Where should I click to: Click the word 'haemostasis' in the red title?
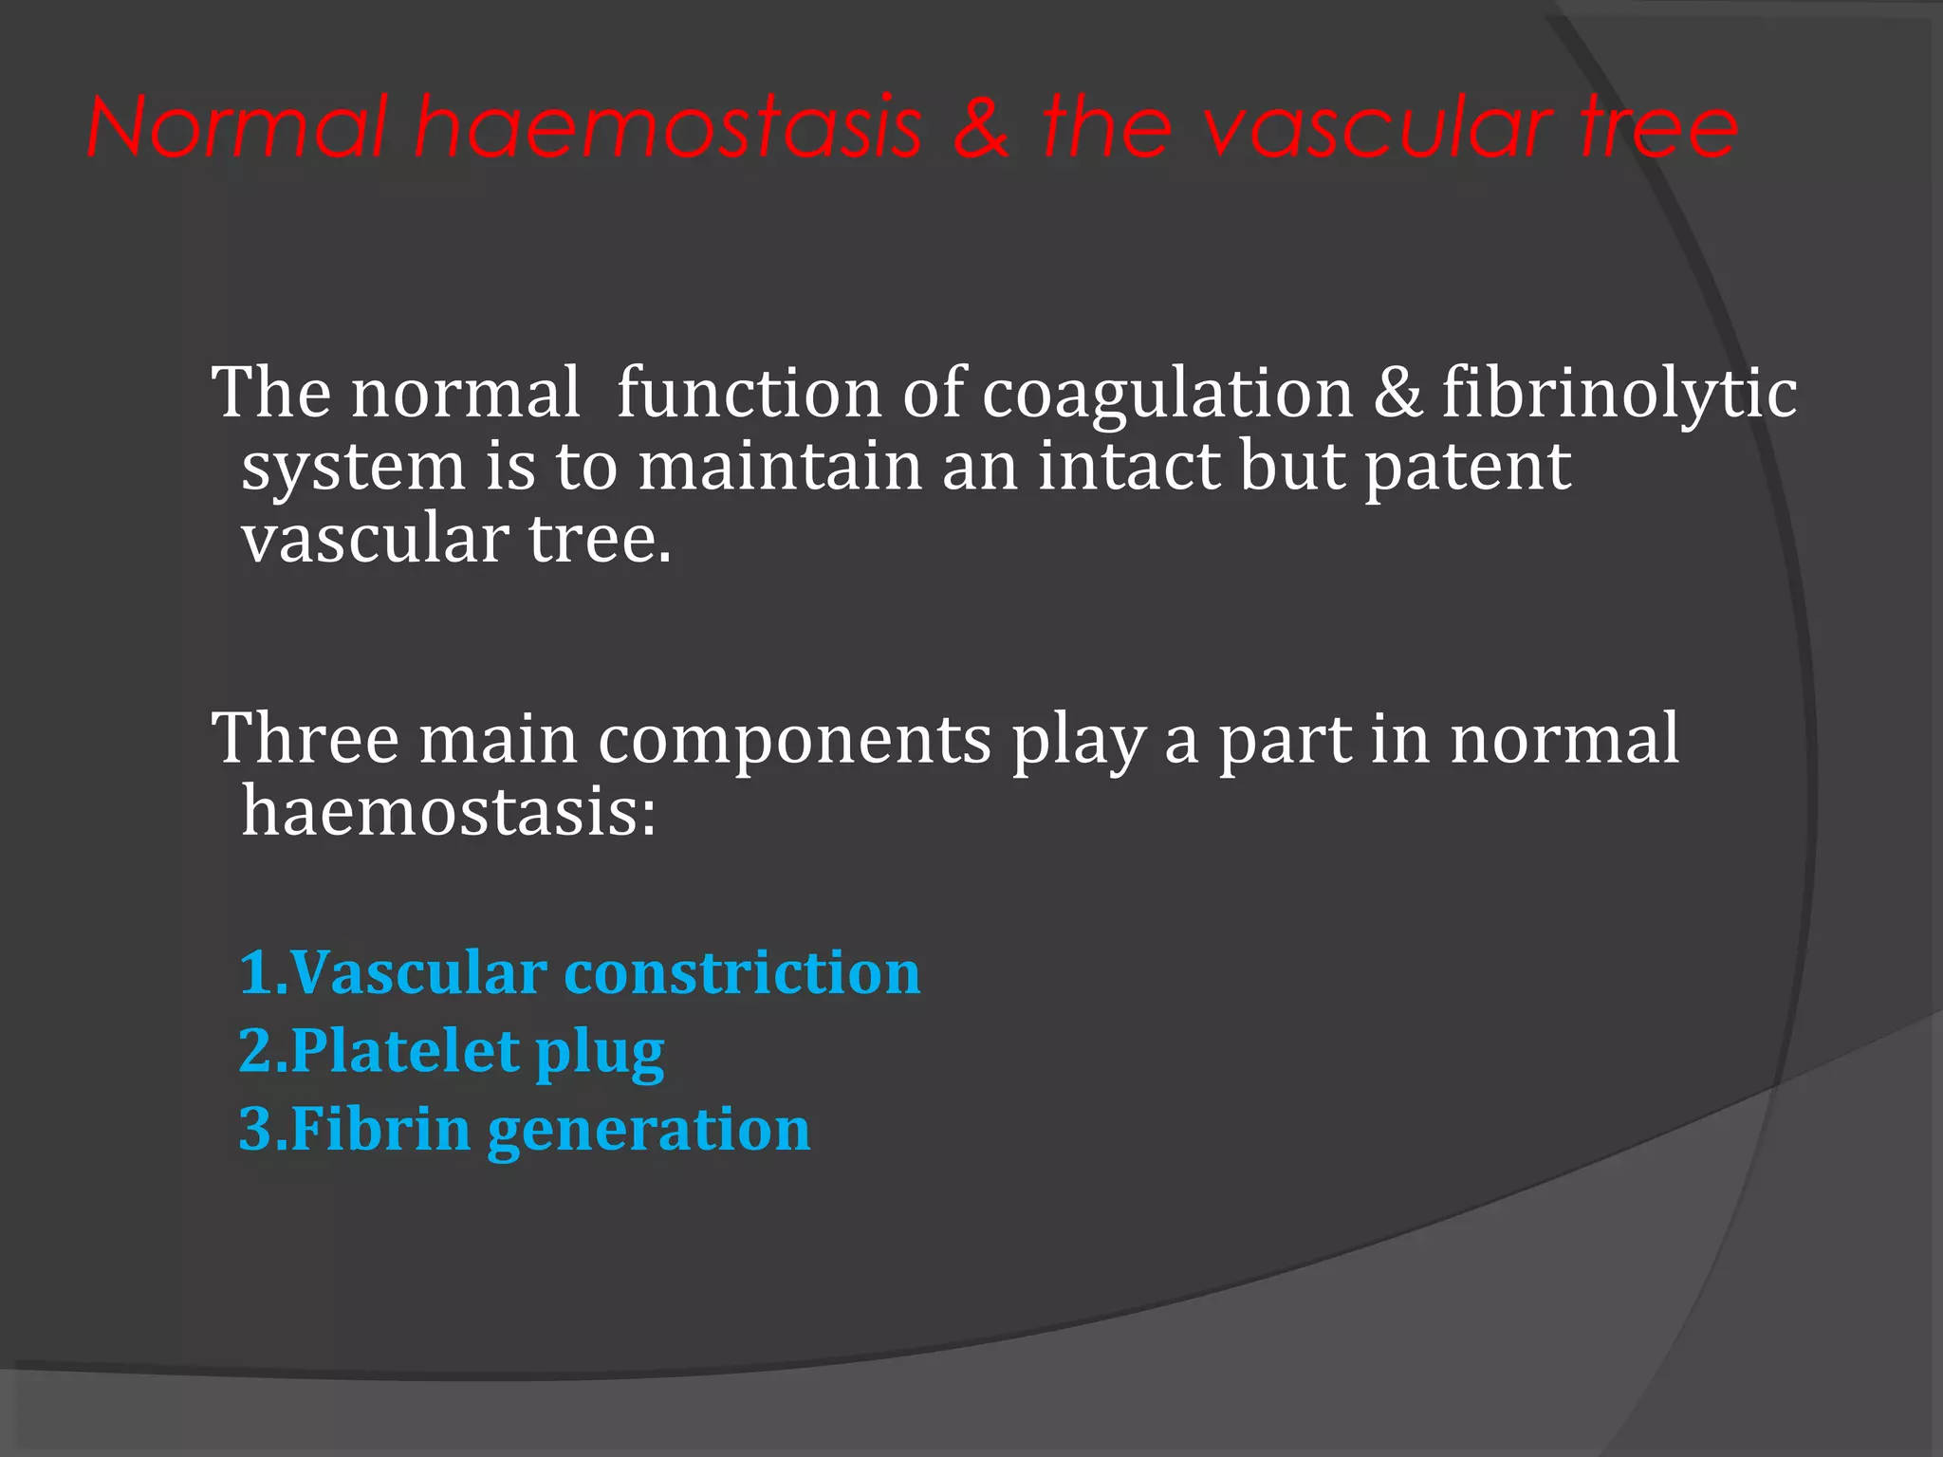668,127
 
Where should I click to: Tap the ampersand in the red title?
981,127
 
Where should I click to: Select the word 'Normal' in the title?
237,127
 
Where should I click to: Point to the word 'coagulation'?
1167,393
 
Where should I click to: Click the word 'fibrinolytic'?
1619,393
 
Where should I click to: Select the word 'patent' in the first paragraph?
1467,467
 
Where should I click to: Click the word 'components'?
794,741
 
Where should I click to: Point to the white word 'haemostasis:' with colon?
448,812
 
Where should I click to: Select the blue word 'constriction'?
742,973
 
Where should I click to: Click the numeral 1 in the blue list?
254,973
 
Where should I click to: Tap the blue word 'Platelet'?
404,1051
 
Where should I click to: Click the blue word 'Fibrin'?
380,1129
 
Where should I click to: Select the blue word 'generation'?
649,1131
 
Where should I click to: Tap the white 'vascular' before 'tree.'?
375,539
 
